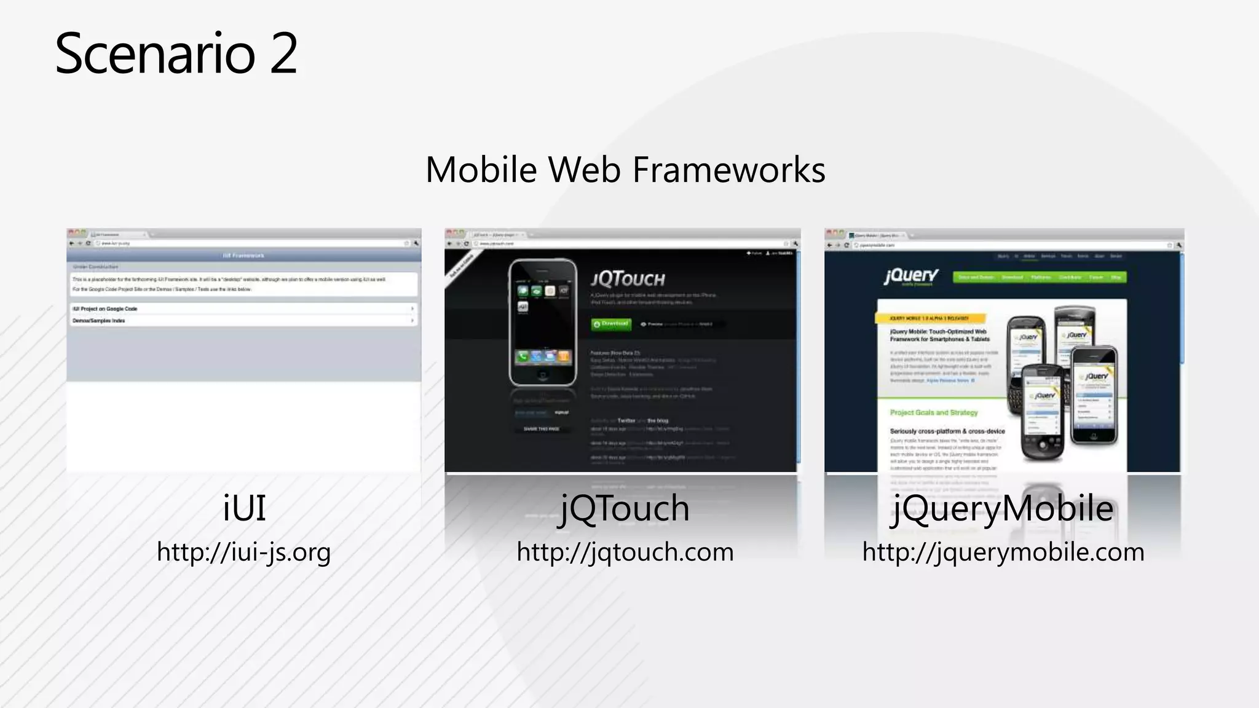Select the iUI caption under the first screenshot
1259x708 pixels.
pyautogui.click(x=244, y=508)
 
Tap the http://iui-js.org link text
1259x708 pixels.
pyautogui.click(x=244, y=552)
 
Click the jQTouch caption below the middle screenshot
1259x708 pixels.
pyautogui.click(x=625, y=508)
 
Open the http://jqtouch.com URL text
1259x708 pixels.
pyautogui.click(x=625, y=552)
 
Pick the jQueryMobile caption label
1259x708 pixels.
pyautogui.click(x=1003, y=508)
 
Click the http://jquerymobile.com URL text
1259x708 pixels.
pyautogui.click(x=1003, y=552)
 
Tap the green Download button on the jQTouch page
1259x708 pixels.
pyautogui.click(x=611, y=324)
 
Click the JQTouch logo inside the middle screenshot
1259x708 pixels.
pyautogui.click(x=628, y=280)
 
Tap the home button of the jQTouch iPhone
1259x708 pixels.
pyautogui.click(x=542, y=374)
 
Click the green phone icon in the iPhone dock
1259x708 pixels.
pyautogui.click(x=523, y=356)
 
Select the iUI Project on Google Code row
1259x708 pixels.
pyautogui.click(x=243, y=309)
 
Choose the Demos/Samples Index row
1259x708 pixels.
pyautogui.click(x=243, y=320)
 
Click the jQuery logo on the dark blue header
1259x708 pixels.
pyautogui.click(x=911, y=276)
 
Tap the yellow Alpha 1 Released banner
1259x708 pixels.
pyautogui.click(x=929, y=318)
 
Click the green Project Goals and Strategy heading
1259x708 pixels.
pyautogui.click(x=933, y=412)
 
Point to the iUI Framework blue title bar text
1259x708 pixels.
pyautogui.click(x=243, y=255)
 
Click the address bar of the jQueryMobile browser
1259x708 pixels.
pyautogui.click(x=1008, y=245)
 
